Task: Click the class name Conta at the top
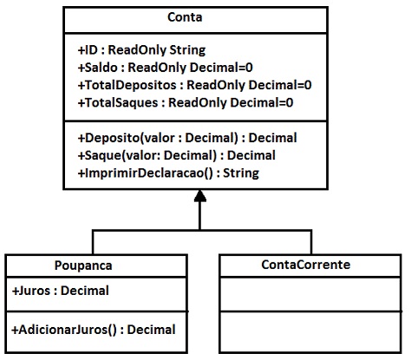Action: point(185,17)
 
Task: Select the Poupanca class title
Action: point(83,265)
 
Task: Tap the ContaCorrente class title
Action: point(306,265)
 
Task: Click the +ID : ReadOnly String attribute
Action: point(141,50)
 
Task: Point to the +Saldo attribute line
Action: point(166,68)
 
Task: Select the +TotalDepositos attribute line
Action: point(194,85)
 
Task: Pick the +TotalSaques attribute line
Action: point(186,103)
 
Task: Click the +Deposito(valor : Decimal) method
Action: point(187,138)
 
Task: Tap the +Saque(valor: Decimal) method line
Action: point(176,155)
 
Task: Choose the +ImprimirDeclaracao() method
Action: point(168,173)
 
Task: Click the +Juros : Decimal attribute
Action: point(61,291)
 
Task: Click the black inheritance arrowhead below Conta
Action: point(200,196)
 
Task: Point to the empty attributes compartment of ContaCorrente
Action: point(310,294)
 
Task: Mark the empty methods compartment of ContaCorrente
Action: point(310,331)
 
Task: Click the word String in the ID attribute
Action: point(187,50)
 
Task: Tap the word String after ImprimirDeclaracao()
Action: point(241,173)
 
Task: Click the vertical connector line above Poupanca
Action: point(93,242)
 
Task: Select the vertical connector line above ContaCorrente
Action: point(311,242)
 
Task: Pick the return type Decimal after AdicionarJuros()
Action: point(152,330)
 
